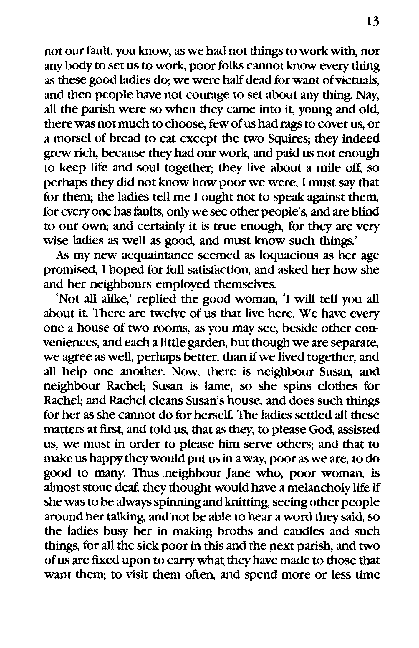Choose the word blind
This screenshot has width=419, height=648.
[366, 212]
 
